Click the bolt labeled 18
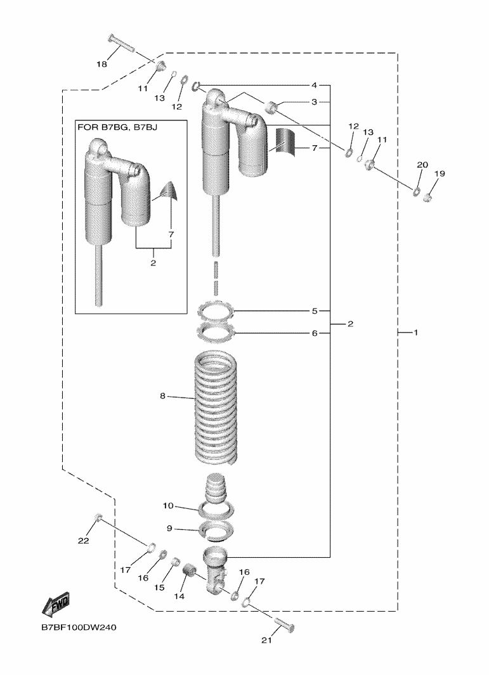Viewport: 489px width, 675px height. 122,45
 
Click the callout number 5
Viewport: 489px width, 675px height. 314,311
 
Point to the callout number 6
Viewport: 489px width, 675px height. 314,332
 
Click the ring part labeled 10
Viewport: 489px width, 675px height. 216,508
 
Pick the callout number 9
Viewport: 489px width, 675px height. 169,528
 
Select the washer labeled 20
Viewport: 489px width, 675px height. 417,191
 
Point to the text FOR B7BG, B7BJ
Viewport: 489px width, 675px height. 117,127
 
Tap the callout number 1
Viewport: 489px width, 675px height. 416,332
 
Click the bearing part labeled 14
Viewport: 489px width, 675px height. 189,574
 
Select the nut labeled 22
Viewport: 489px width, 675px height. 98,519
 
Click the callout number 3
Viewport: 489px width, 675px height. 314,101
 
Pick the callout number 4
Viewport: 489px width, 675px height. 314,85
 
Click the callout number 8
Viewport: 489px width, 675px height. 162,396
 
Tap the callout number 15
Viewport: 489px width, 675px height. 159,588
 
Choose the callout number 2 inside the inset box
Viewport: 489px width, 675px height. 153,262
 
